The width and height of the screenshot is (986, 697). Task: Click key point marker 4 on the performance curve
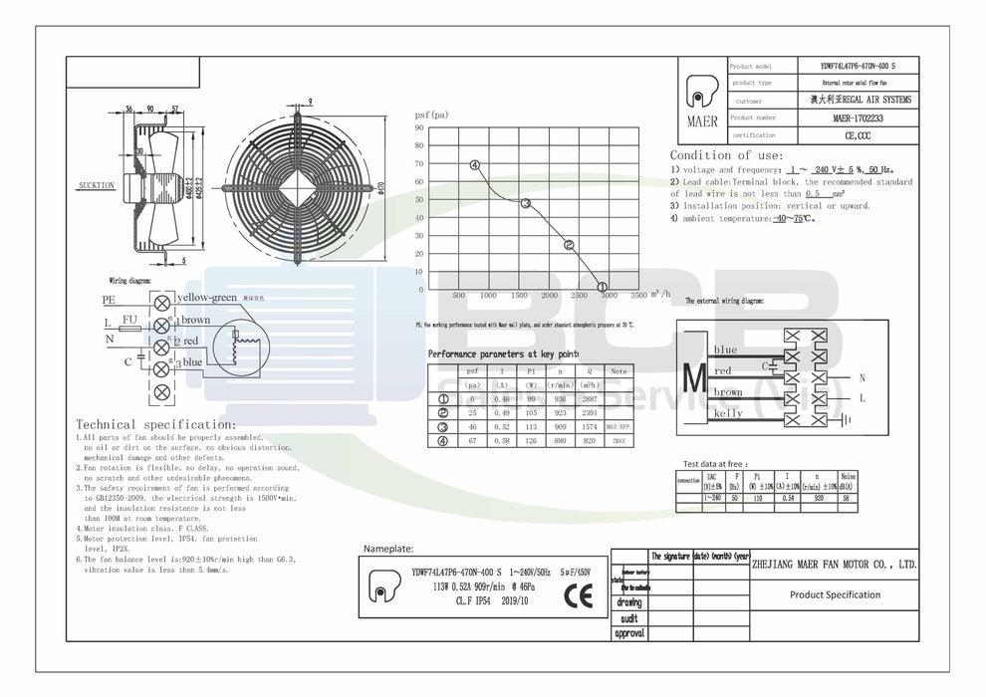475,165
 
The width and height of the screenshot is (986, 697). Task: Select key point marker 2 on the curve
569,244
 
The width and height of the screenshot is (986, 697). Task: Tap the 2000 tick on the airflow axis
549,296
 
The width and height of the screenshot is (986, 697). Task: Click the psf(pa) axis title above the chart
431,116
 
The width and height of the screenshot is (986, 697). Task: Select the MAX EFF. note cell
618,425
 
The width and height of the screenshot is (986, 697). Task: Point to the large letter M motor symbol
695,380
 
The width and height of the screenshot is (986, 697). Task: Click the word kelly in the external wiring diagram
728,413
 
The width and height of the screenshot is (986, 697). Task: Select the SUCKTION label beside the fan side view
96,185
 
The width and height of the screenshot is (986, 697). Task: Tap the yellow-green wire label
206,298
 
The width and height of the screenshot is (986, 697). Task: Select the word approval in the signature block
629,633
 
